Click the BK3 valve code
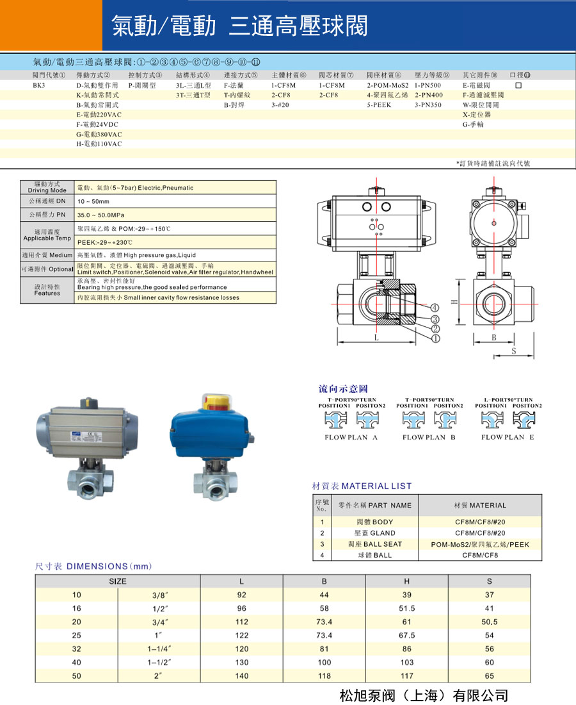tap(40, 85)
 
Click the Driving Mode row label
tap(47, 187)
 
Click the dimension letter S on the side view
tap(514, 351)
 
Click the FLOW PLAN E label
tap(508, 437)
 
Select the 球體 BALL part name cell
tap(374, 555)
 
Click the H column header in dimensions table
tap(406, 581)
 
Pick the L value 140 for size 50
tap(242, 676)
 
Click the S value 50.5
tap(489, 622)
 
